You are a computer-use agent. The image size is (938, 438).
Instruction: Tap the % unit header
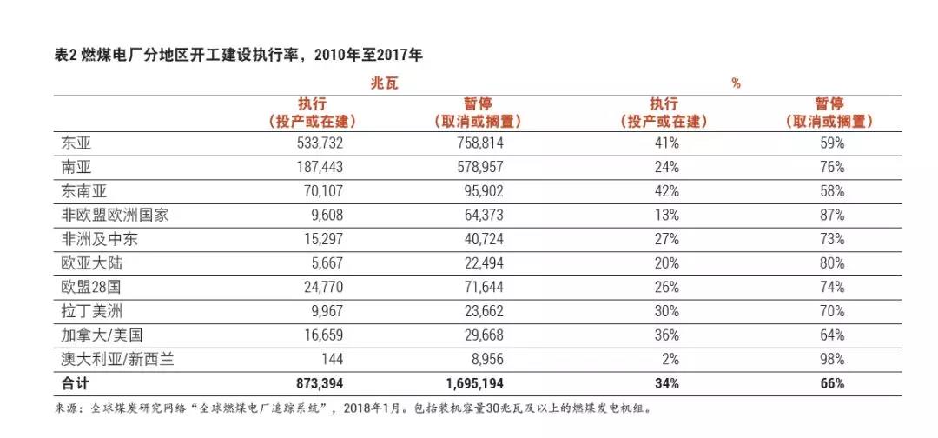tap(736, 83)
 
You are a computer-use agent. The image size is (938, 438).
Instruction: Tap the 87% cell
tap(831, 215)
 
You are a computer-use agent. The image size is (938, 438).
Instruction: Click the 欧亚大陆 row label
tap(84, 262)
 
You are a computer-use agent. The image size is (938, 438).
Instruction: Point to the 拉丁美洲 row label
tap(84, 310)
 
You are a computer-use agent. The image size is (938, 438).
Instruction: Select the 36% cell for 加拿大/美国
tap(667, 335)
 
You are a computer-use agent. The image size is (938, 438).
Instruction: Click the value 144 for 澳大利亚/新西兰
tap(334, 358)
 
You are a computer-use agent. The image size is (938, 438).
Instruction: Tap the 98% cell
tap(831, 358)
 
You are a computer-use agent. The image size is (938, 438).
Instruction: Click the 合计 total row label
tap(69, 382)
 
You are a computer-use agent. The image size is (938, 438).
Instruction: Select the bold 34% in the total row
tap(667, 382)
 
